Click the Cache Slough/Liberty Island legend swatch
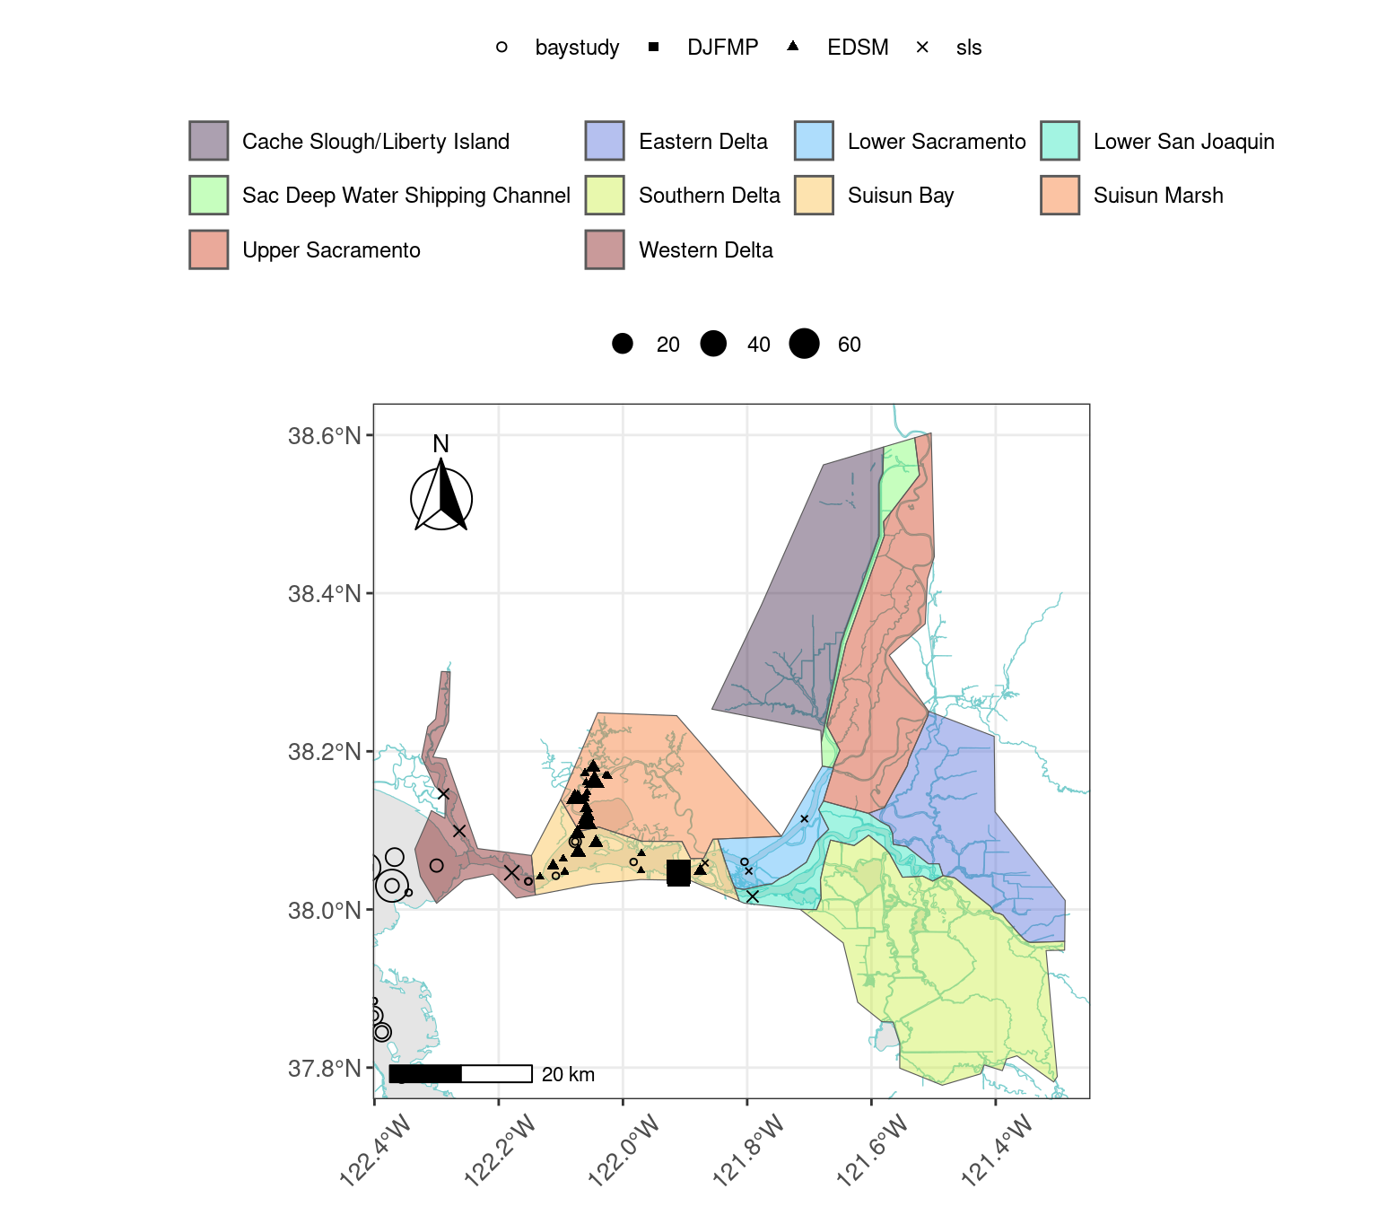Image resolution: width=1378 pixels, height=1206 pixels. (208, 141)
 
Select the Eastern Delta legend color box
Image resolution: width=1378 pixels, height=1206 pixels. (604, 141)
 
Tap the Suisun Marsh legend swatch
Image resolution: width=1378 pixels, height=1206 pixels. (1060, 195)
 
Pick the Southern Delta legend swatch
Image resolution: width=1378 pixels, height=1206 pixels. (604, 195)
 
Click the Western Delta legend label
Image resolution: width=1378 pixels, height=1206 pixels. (705, 250)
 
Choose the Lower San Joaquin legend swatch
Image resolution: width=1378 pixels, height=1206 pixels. (1060, 141)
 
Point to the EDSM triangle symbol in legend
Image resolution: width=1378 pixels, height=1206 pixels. (792, 47)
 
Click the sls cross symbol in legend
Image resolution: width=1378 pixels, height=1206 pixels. (922, 48)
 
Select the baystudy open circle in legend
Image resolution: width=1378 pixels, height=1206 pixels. (501, 48)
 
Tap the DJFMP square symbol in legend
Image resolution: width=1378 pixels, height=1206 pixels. (653, 47)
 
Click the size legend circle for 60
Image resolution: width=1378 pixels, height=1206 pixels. (804, 344)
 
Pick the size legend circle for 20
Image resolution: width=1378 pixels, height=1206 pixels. (623, 344)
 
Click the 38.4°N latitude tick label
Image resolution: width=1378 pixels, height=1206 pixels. (324, 594)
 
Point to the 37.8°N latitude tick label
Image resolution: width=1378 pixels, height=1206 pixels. (324, 1069)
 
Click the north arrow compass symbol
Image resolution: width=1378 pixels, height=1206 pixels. (441, 497)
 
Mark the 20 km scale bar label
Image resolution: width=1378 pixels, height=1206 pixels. (568, 1075)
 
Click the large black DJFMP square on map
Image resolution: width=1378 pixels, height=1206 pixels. (678, 873)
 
